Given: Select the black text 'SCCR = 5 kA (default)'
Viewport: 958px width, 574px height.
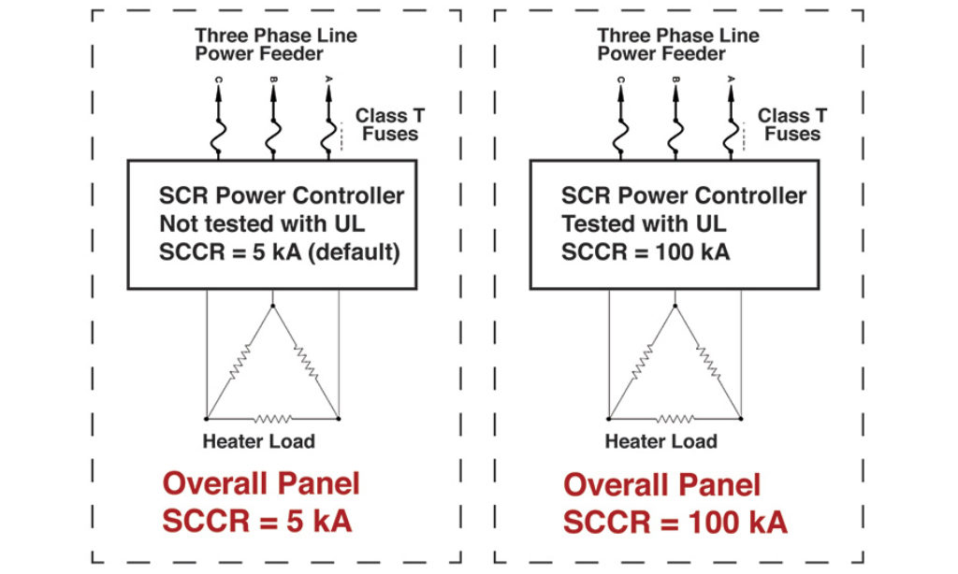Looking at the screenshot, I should pos(280,252).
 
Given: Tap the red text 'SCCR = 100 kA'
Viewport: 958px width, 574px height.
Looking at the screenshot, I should pos(675,522).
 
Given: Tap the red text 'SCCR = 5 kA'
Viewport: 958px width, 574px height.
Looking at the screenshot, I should pos(257,521).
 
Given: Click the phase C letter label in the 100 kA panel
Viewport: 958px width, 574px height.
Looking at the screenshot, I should pos(620,79).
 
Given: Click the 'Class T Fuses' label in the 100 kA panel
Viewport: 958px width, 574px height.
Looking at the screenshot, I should pos(791,125).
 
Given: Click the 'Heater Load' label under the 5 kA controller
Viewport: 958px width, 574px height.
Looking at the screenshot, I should pos(258,441).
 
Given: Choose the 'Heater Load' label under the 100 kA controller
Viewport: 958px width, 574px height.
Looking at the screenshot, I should pos(660,441).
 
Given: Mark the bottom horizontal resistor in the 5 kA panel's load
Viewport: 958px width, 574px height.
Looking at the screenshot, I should pos(272,418).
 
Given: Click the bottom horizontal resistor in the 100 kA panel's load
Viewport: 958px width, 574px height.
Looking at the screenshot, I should pos(675,418).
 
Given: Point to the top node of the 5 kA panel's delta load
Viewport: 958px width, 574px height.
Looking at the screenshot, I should pos(272,305).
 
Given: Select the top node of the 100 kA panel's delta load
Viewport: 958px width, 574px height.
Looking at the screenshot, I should pos(675,305).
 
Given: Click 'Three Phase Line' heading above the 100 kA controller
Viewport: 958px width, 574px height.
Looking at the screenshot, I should pos(678,36).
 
